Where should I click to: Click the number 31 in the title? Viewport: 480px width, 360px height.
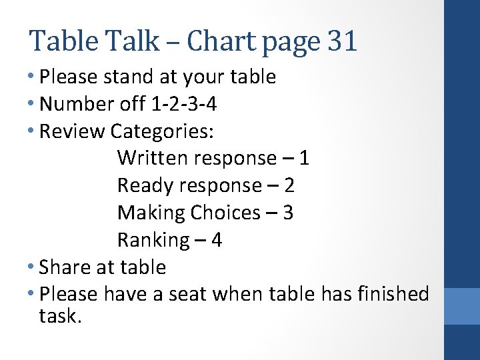[x=343, y=41]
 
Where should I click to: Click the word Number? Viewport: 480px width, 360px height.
[x=74, y=104]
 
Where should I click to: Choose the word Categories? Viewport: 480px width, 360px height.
[x=162, y=131]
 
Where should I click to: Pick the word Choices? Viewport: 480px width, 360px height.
[x=225, y=213]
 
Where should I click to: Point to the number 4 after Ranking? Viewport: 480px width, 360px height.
[x=216, y=240]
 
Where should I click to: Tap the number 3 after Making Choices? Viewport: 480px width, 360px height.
[x=287, y=213]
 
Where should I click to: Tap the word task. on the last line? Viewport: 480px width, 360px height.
[x=61, y=316]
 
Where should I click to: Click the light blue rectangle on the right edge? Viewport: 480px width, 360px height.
[x=462, y=306]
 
